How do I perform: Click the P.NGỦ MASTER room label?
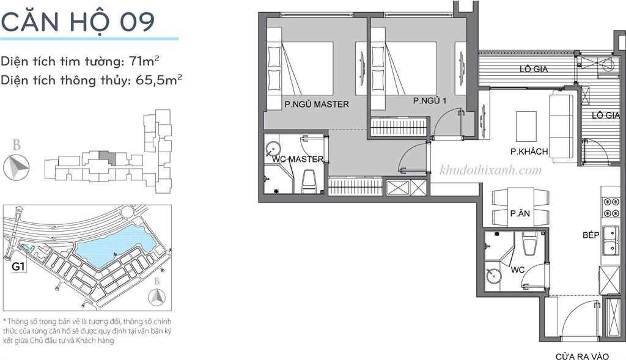tap(317, 104)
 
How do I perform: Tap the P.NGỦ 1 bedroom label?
tap(430, 101)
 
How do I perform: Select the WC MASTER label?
tap(298, 159)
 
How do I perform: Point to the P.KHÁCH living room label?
tap(529, 151)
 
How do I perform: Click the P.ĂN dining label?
tap(520, 213)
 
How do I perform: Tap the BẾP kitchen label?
tap(591, 235)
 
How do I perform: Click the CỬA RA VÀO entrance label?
tap(582, 356)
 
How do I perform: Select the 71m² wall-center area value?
tap(144, 61)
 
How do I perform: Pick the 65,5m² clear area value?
tap(159, 80)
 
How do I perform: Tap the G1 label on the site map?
tap(18, 266)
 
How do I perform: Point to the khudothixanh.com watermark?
tap(491, 171)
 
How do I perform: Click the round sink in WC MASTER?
tap(273, 149)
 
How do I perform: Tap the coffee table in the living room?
tap(526, 126)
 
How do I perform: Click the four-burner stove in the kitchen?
tap(610, 207)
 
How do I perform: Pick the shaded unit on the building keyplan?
tap(107, 158)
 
